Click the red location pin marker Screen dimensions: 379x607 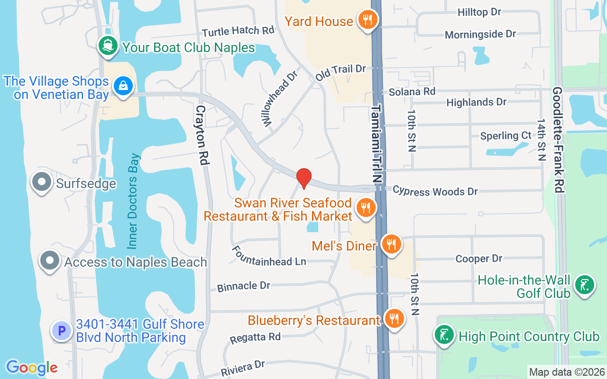click(x=303, y=178)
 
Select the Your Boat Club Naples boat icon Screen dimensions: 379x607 click(x=109, y=46)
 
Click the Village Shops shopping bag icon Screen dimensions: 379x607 click(x=123, y=86)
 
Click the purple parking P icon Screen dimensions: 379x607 click(x=62, y=330)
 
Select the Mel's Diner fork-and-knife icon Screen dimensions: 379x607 click(x=391, y=244)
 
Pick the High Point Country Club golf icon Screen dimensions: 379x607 click(x=444, y=335)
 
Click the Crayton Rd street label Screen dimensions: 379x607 click(x=202, y=135)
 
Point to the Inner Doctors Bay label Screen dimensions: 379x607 click(x=134, y=201)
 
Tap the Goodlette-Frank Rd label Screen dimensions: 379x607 click(x=558, y=139)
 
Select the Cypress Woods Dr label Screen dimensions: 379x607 click(x=435, y=191)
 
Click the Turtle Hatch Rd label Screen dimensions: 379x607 click(x=238, y=31)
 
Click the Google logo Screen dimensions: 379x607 click(x=31, y=367)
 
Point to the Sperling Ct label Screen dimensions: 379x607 click(x=506, y=136)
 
